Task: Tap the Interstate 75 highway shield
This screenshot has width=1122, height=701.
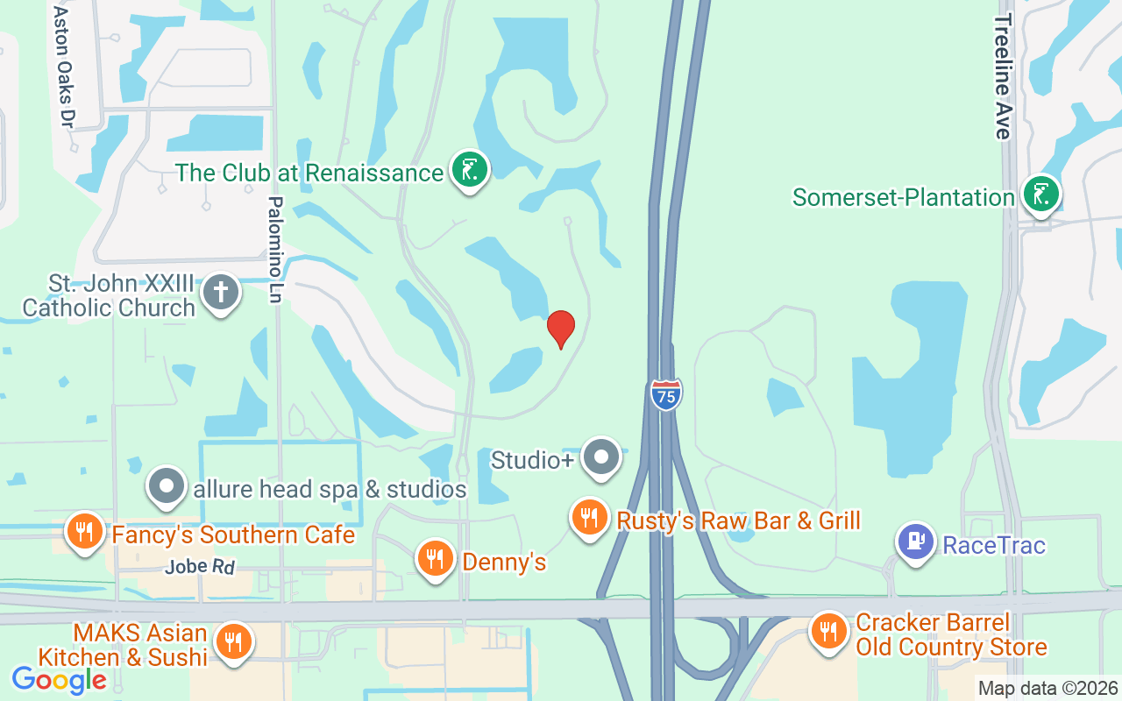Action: tap(666, 394)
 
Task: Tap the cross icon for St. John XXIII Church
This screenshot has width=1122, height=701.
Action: tap(221, 293)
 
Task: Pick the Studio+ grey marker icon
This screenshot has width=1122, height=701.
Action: tap(601, 457)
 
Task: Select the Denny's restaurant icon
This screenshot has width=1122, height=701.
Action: tap(435, 558)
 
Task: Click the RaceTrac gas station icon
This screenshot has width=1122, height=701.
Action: tap(916, 542)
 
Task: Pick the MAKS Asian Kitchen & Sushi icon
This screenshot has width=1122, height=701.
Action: tap(233, 642)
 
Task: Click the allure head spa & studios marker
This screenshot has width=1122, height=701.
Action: tap(166, 487)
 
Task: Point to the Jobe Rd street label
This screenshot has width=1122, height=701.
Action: tap(200, 567)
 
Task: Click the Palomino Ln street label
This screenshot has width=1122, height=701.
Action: tap(275, 250)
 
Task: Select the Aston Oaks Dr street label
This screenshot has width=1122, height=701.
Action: tap(62, 67)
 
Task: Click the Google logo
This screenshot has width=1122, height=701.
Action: tap(59, 679)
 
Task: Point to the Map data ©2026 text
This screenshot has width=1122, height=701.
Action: tap(1047, 688)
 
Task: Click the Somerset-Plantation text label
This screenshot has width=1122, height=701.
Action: tap(904, 197)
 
